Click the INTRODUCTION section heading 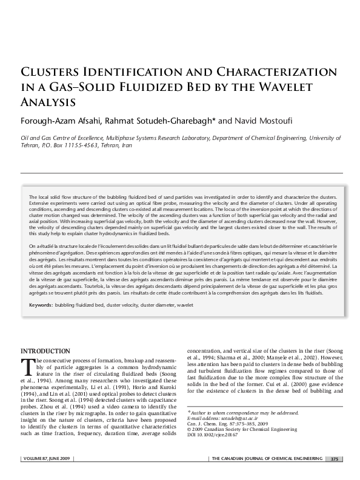point(45,350)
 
